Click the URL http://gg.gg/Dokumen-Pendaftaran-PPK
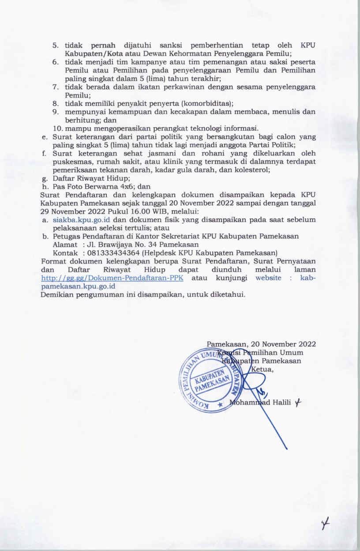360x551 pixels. [112, 278]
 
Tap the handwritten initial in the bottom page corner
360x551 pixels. [326, 525]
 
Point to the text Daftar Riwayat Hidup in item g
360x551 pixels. [91, 178]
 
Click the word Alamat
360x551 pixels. [65, 244]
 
